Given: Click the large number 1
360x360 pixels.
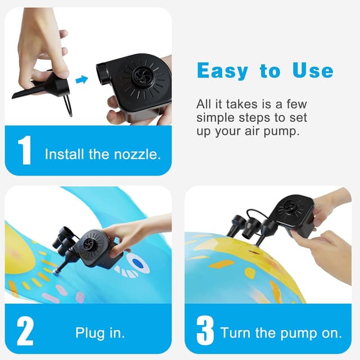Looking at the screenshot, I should (x=24, y=151).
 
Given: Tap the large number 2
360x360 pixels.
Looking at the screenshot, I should (x=25, y=332).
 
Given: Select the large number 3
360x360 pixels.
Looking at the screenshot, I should (x=205, y=332).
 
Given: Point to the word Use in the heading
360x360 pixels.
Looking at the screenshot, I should (x=312, y=71).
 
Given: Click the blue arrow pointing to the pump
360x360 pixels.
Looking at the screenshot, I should (x=82, y=80).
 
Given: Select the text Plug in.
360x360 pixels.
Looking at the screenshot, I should (x=100, y=332).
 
